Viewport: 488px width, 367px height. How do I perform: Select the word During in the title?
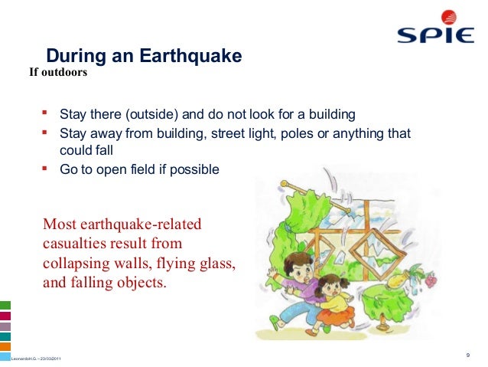(x=76, y=56)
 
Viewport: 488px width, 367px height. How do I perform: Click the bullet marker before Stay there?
(x=44, y=113)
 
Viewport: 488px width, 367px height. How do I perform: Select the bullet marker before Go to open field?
(x=44, y=169)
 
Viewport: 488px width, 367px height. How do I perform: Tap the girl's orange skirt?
(x=337, y=314)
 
